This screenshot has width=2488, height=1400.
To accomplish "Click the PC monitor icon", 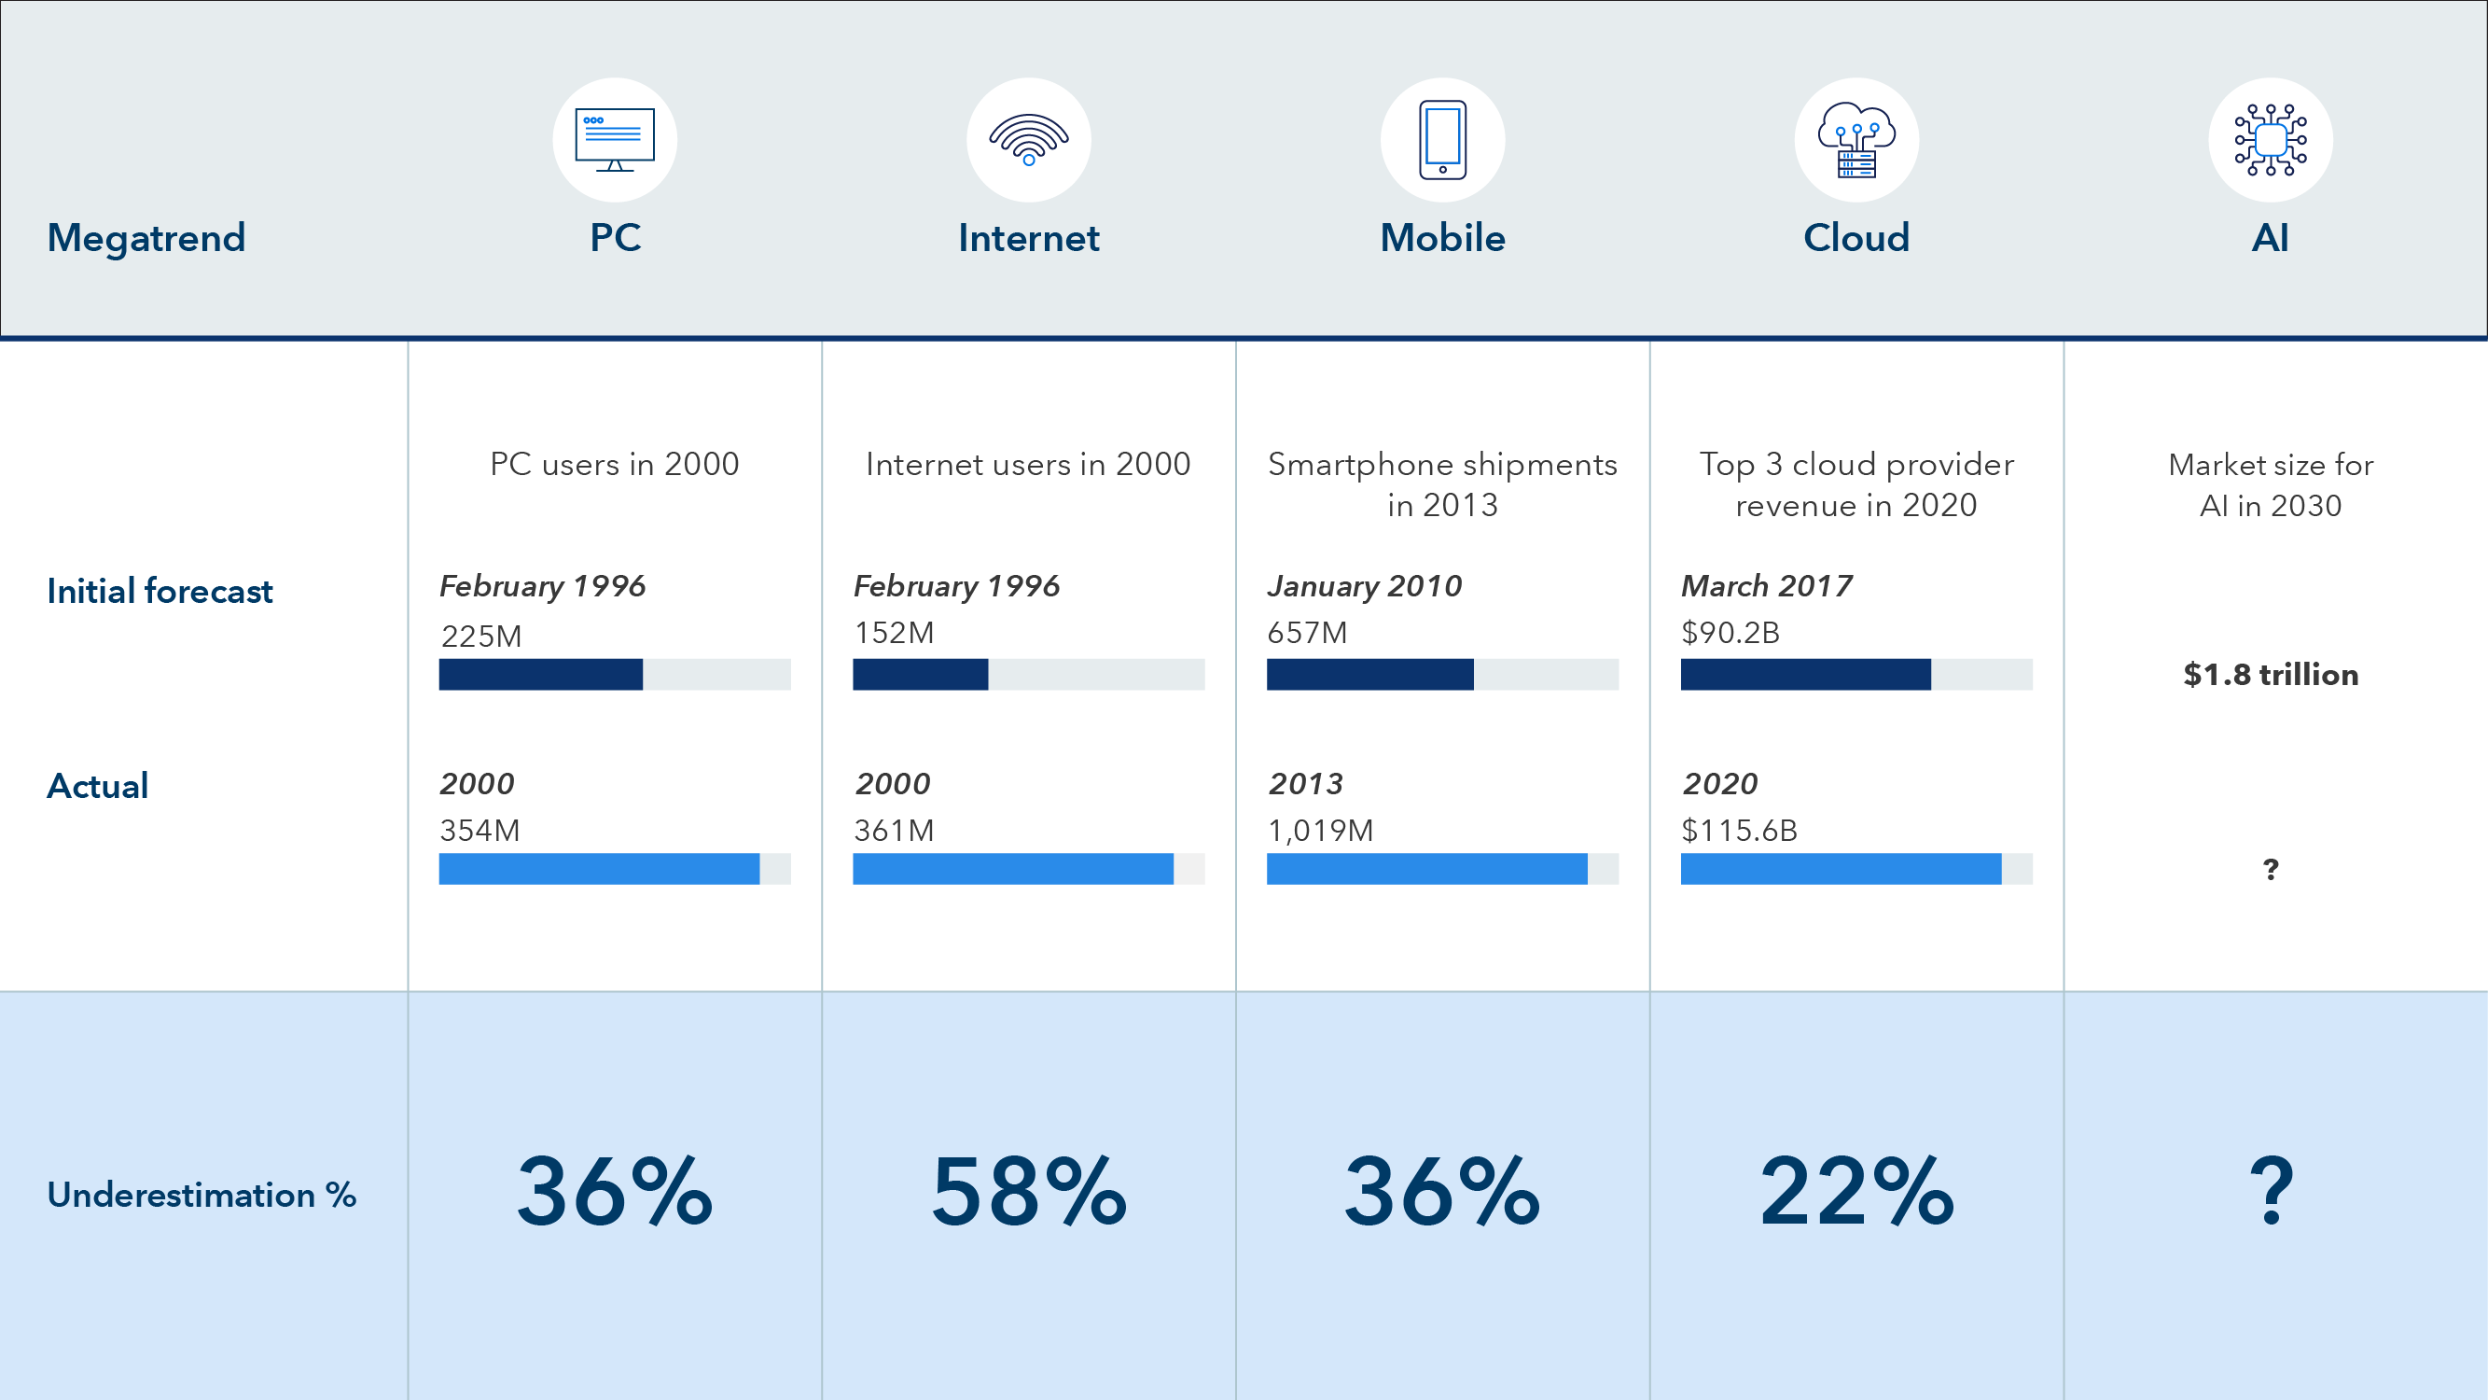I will point(614,140).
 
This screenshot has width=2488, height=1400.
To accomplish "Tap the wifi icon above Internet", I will point(1029,140).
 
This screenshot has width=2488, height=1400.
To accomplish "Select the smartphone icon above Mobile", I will point(1442,140).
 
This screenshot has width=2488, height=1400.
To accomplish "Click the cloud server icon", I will point(1856,140).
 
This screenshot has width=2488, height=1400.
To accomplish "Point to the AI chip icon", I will point(2270,140).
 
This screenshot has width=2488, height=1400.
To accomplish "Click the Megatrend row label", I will point(146,238).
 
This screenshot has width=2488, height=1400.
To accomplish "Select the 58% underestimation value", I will point(1029,1192).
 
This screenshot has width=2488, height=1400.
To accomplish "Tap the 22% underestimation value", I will point(1856,1192).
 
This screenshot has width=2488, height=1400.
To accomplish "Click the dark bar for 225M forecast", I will point(540,675).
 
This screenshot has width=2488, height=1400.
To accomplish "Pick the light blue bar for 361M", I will point(1012,869).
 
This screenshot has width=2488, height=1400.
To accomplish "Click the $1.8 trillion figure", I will point(2270,675).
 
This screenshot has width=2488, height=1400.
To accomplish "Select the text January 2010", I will point(1364,585).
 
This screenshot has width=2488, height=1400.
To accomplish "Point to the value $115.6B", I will point(1739,830).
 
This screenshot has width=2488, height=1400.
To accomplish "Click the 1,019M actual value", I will point(1319,830).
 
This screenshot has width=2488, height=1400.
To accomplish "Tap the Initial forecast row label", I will point(160,591).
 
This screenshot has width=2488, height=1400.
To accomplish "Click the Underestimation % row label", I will point(201,1195).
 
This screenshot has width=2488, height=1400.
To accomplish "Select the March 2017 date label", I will point(1766,585).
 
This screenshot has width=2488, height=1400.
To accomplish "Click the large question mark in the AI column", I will point(2270,1192).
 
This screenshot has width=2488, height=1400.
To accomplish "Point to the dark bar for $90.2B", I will point(1804,675).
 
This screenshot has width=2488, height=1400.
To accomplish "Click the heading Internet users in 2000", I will point(1028,464).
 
